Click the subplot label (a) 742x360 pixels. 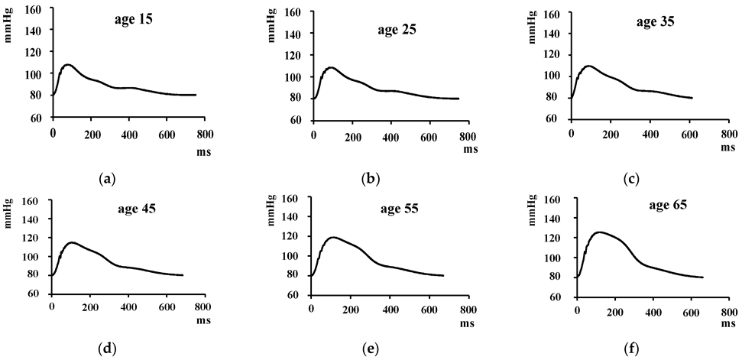[x=107, y=179]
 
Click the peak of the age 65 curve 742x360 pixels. [x=600, y=232]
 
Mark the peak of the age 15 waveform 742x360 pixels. [x=67, y=65]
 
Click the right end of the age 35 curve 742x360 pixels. [x=692, y=98]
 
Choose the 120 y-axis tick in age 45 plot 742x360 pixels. [x=31, y=238]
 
